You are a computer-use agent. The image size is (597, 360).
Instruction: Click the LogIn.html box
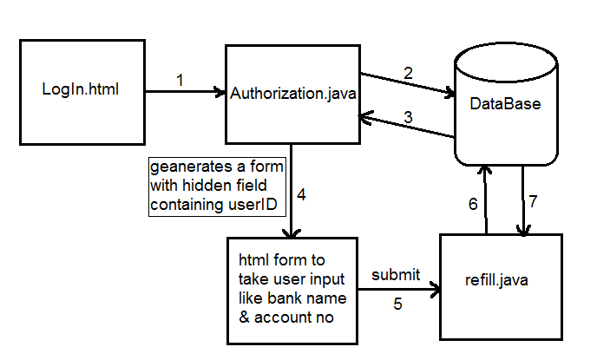[x=81, y=91]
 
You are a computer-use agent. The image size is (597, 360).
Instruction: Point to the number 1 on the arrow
[x=180, y=80]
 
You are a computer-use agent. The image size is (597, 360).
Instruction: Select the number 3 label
[x=407, y=116]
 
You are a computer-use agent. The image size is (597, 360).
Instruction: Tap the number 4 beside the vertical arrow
[x=301, y=193]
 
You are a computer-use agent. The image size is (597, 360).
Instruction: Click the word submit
[x=396, y=275]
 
